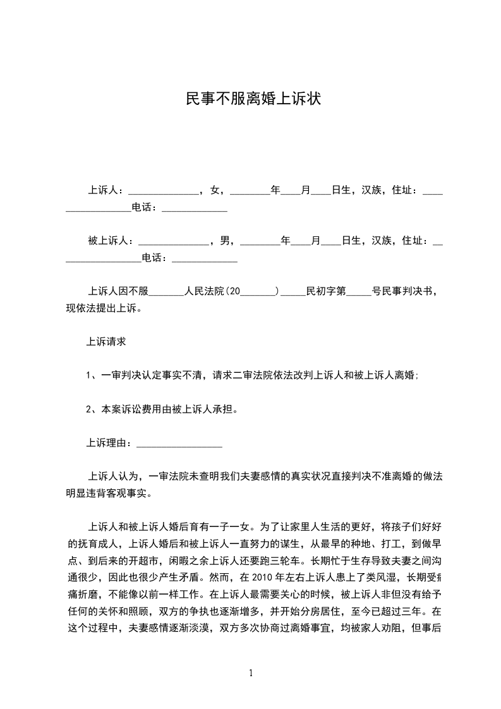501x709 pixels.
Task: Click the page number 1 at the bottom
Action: click(x=251, y=673)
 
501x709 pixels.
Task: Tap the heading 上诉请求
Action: click(x=106, y=342)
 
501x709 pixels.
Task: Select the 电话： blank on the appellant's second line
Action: click(x=195, y=208)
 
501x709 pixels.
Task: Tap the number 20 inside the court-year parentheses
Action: click(x=233, y=292)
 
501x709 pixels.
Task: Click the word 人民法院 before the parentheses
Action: click(x=204, y=292)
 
